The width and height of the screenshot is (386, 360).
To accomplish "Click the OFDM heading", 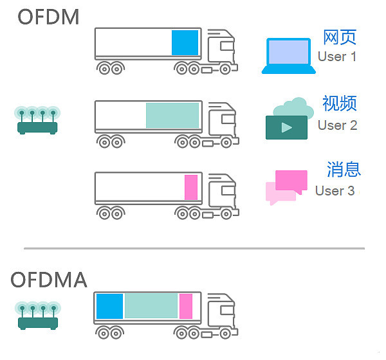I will pyautogui.click(x=48, y=17).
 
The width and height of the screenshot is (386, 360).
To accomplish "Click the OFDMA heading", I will pyautogui.click(x=50, y=280).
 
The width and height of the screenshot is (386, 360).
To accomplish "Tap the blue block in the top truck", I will pyautogui.click(x=185, y=42).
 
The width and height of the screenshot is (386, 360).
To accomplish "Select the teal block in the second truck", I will pyautogui.click(x=172, y=116).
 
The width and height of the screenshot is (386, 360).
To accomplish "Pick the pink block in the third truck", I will pyautogui.click(x=191, y=187).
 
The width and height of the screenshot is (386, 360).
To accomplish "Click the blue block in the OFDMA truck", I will pyautogui.click(x=109, y=306).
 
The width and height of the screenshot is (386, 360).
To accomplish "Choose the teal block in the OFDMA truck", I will pyautogui.click(x=151, y=306).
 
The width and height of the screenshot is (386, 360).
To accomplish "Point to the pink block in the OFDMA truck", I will pyautogui.click(x=186, y=306).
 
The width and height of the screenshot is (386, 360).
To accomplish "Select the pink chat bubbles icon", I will pyautogui.click(x=286, y=187).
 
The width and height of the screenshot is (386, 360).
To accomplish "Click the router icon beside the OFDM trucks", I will pyautogui.click(x=37, y=120).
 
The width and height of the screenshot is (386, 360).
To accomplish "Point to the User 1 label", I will pyautogui.click(x=337, y=57).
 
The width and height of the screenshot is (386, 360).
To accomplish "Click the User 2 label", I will pyautogui.click(x=338, y=125).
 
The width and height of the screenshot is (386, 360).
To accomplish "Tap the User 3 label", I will pyautogui.click(x=335, y=191).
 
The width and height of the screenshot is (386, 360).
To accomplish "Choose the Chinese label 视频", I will pyautogui.click(x=340, y=104).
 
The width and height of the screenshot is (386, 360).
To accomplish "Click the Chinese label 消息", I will pyautogui.click(x=344, y=170).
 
